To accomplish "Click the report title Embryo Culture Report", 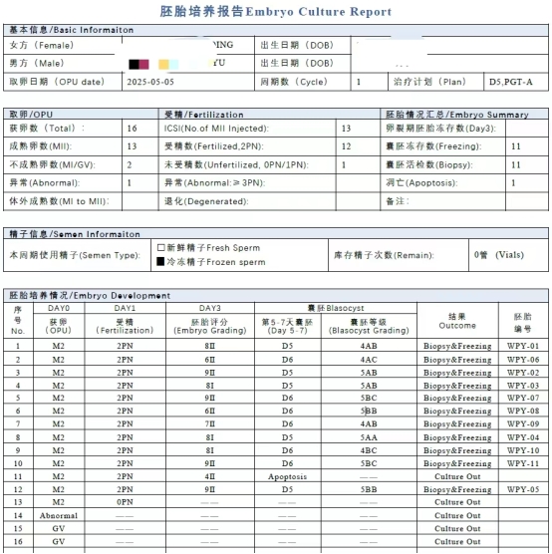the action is point(275,12).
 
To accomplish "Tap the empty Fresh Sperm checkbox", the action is point(161,246).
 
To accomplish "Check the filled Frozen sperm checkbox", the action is point(161,261).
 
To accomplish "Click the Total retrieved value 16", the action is point(132,129).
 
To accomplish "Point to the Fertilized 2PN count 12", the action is point(346,146).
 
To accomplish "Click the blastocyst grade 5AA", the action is point(369,437).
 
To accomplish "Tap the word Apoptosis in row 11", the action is point(287,476).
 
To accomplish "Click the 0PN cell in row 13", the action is point(125,502).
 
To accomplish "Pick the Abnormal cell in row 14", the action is point(58,515).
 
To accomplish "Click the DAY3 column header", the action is point(209,308).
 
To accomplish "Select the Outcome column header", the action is point(456,320).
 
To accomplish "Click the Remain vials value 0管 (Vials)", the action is point(496,254).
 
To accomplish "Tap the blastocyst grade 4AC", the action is point(369,359).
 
